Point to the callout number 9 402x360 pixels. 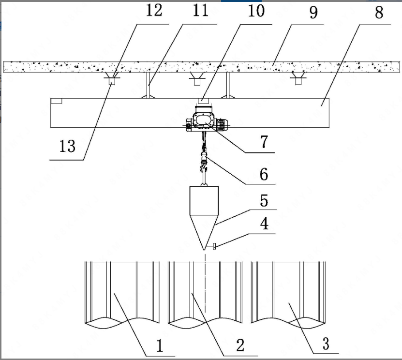[313, 12]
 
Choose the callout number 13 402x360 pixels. [67, 146]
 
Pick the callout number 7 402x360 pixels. [264, 141]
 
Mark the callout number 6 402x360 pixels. [264, 173]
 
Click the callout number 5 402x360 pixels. [264, 199]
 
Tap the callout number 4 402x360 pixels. [264, 224]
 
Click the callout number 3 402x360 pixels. [325, 345]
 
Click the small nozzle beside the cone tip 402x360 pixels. [213, 248]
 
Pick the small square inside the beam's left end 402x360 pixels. [56, 101]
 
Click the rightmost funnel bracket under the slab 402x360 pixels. [297, 77]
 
